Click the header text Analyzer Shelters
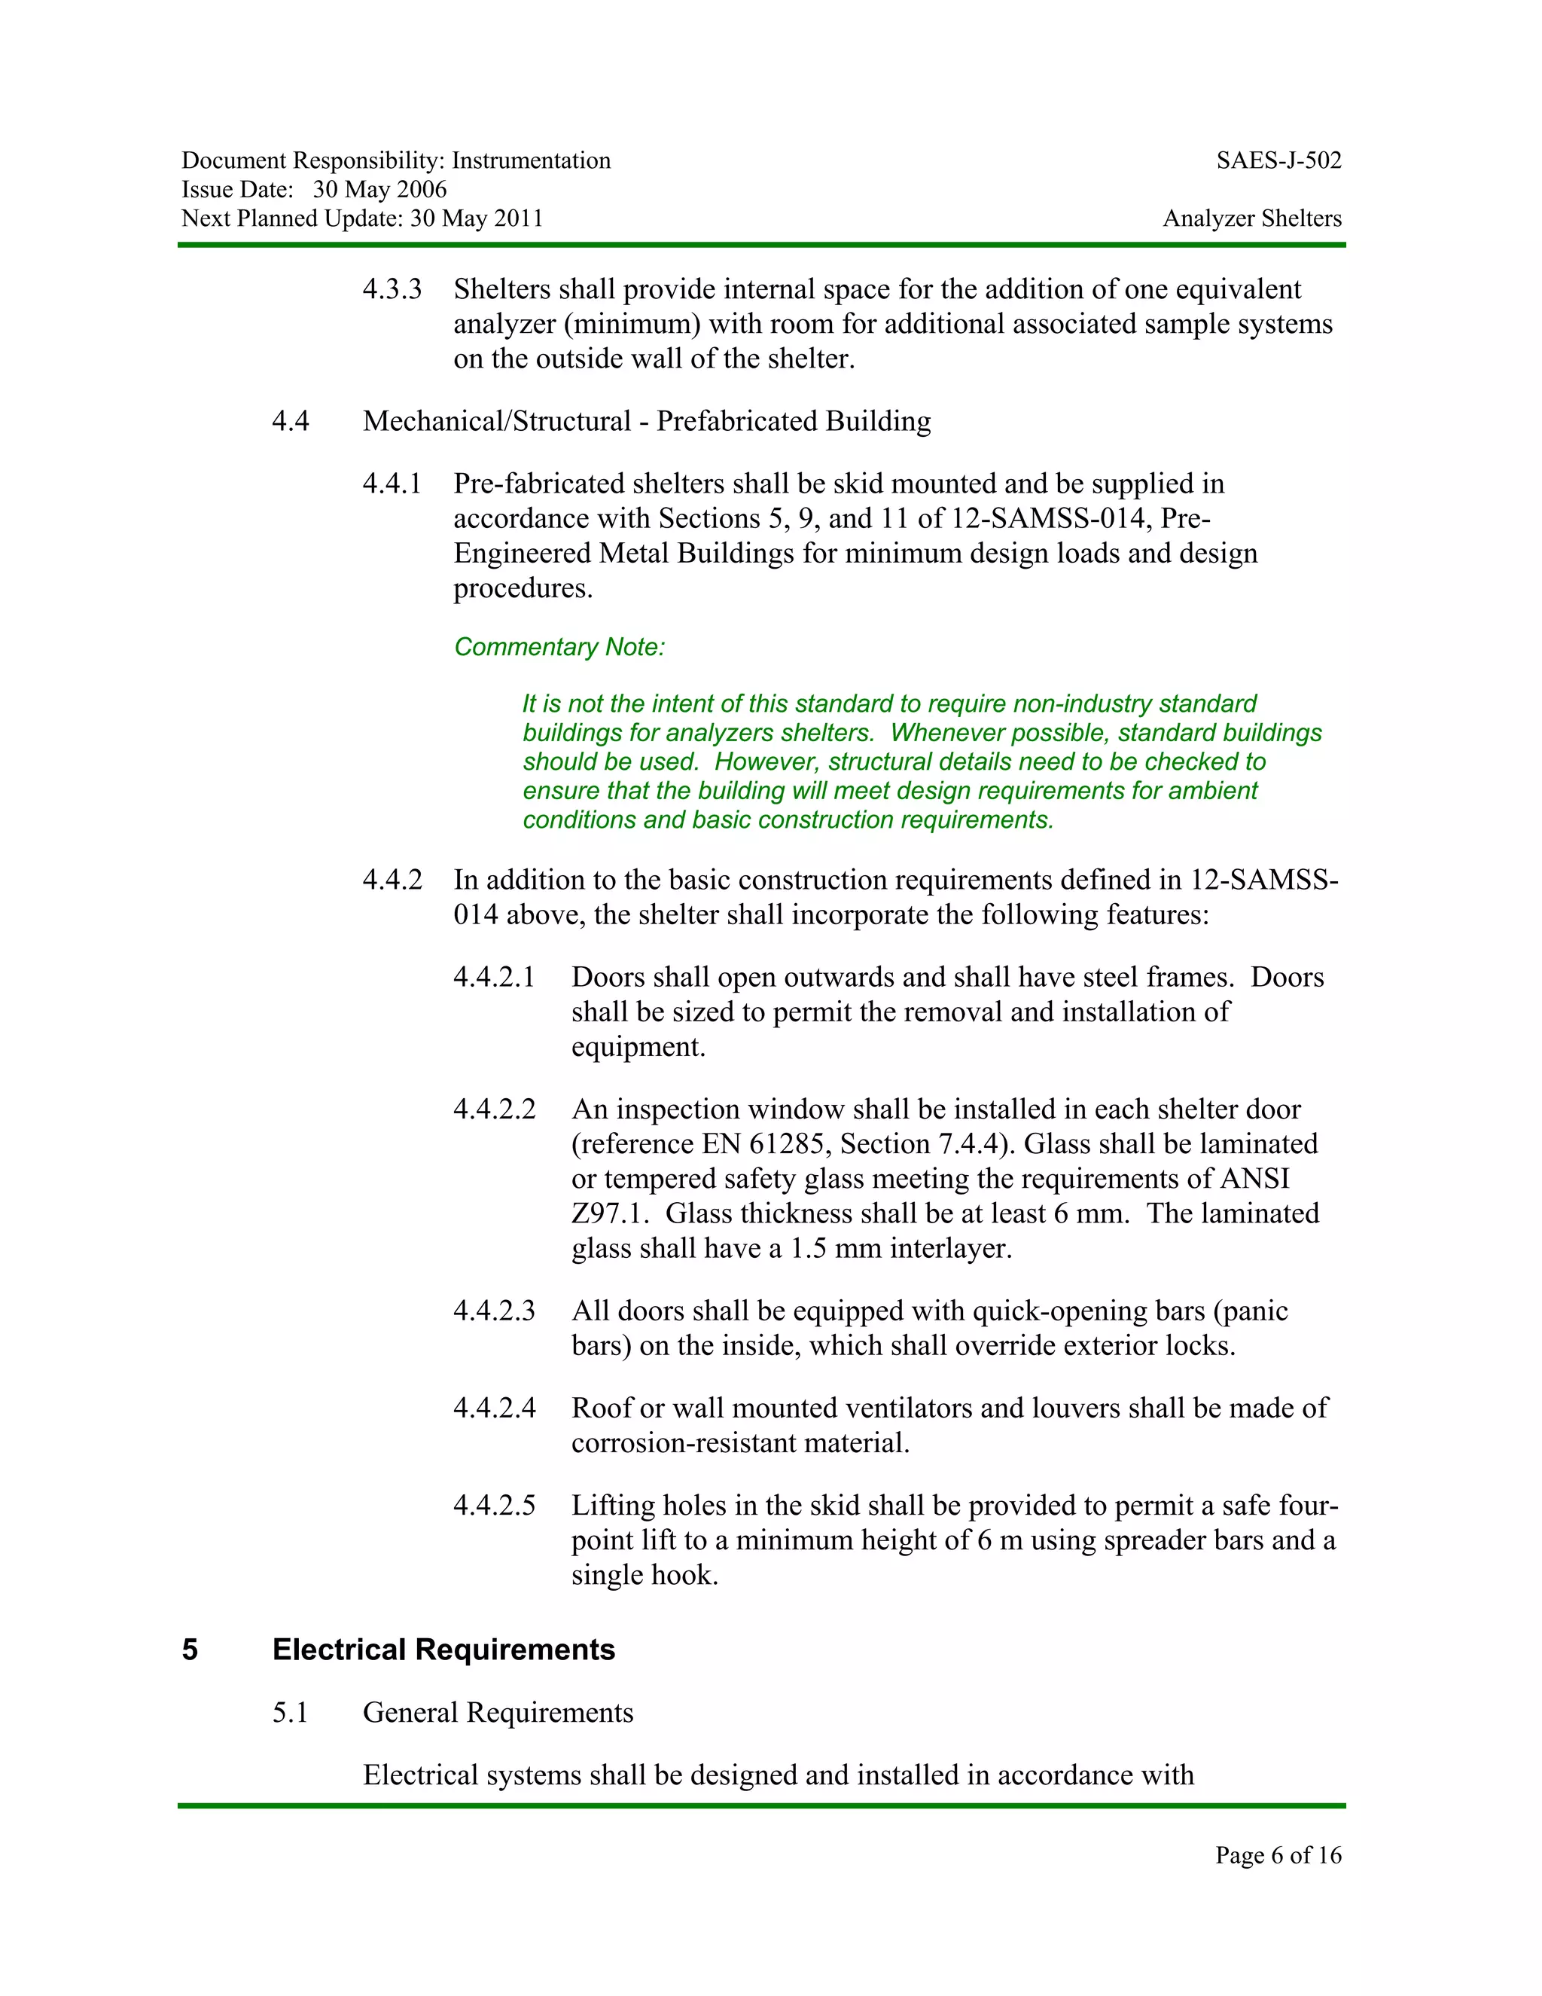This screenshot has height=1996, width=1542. point(1251,218)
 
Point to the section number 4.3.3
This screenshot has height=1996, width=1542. point(392,290)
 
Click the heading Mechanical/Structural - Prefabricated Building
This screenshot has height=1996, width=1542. point(647,421)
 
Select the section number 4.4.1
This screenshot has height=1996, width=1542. point(392,484)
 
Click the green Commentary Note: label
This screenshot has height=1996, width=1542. point(559,647)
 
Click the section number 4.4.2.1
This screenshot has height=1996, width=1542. point(494,977)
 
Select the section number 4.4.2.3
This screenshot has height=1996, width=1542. point(494,1311)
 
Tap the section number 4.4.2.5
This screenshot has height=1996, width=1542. point(494,1505)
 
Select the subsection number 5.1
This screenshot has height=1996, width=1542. point(290,1713)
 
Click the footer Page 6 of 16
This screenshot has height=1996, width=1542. point(1277,1854)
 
